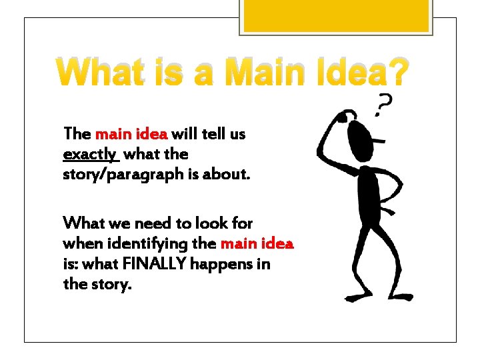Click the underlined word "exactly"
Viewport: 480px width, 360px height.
[x=89, y=155]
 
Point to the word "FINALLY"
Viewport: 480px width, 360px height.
[x=156, y=264]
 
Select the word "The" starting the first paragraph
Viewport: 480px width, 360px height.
[x=77, y=134]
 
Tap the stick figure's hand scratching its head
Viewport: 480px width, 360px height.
[x=341, y=117]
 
